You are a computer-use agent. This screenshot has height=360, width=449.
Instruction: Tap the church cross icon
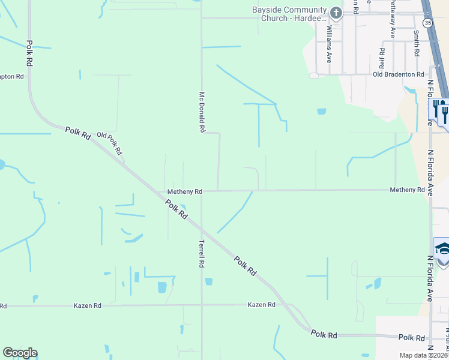(x=336, y=13)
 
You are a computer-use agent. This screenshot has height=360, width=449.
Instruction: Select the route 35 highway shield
(x=427, y=23)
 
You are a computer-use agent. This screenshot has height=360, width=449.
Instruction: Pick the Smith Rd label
(x=416, y=44)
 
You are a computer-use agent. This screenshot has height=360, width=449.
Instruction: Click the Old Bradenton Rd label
(x=399, y=74)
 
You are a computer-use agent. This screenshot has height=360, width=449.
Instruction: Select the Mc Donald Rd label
(x=202, y=112)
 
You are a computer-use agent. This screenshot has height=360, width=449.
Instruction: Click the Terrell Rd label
(x=202, y=254)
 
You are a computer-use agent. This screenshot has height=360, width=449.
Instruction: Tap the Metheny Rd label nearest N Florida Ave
(x=407, y=190)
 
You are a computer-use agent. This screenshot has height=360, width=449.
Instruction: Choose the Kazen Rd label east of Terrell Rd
(x=261, y=305)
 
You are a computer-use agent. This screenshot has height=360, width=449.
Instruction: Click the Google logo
(x=20, y=353)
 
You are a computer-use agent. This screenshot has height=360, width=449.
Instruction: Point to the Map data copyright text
(x=424, y=355)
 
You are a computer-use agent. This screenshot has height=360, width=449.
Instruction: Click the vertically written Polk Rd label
(x=29, y=53)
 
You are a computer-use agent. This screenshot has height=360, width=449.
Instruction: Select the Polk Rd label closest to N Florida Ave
(x=411, y=338)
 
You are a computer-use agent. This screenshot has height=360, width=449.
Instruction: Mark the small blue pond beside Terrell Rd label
(x=209, y=281)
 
